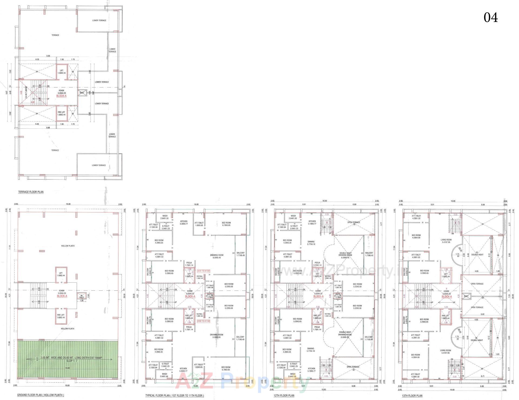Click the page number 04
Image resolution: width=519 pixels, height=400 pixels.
pyautogui.click(x=490, y=18)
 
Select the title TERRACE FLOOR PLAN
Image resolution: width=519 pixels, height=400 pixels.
pyautogui.click(x=31, y=192)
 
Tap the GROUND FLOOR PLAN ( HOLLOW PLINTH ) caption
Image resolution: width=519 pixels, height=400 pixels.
pyautogui.click(x=41, y=395)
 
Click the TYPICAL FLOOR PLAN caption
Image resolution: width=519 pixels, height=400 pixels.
pyautogui.click(x=174, y=395)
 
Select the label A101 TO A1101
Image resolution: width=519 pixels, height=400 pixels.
pyautogui.click(x=204, y=271)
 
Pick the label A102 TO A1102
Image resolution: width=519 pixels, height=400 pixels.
pyautogui.click(x=204, y=321)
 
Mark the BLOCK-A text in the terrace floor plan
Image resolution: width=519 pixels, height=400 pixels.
pyautogui.click(x=61, y=96)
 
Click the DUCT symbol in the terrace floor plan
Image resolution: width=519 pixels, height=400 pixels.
pyautogui.click(x=82, y=93)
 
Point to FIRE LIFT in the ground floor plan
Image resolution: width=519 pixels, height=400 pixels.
pyautogui.click(x=61, y=316)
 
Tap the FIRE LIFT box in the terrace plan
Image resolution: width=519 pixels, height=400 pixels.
pyautogui.click(x=61, y=113)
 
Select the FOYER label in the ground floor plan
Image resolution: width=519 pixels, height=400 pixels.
pyautogui.click(x=62, y=291)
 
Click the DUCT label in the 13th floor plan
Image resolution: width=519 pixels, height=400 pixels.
pyautogui.click(x=466, y=296)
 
